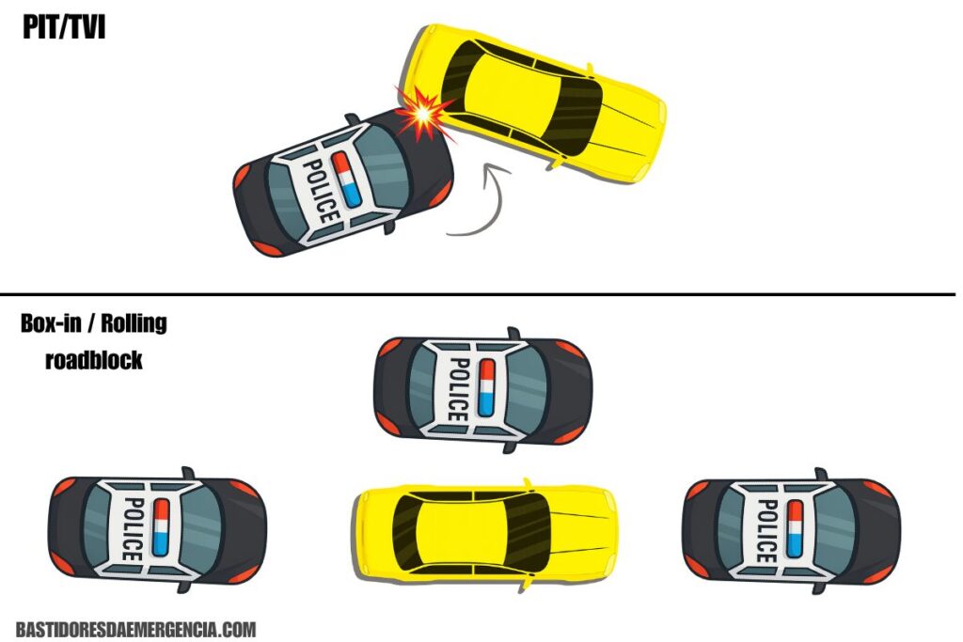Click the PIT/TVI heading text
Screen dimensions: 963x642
(64, 27)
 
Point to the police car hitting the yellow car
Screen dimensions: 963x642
(344, 183)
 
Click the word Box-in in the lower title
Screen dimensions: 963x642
(51, 322)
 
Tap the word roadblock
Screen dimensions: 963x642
(94, 360)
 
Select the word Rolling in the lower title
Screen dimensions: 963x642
(134, 322)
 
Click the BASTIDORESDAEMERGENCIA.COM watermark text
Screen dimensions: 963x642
(135, 629)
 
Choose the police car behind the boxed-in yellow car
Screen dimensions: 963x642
(158, 529)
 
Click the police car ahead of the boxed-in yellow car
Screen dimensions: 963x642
(792, 531)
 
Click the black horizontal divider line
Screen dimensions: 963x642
(478, 294)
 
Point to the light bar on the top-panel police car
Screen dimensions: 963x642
(345, 179)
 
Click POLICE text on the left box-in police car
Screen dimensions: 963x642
(134, 529)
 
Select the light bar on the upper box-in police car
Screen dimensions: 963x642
(486, 388)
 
